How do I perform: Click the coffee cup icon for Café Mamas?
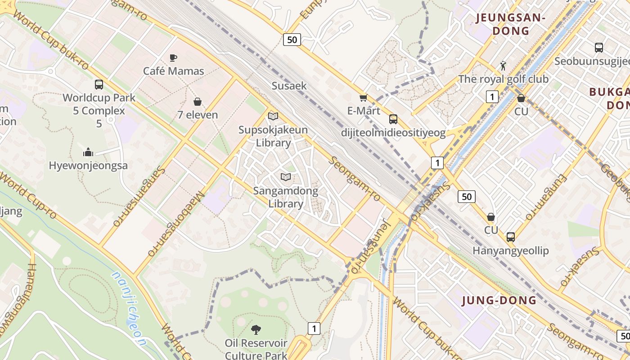[x=173, y=58]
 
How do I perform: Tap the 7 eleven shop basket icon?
[x=197, y=102]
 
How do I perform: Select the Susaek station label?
[x=289, y=85]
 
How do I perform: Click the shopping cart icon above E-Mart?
[x=363, y=98]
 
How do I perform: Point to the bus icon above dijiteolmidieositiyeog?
[x=393, y=119]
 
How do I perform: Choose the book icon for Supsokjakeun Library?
[x=273, y=117]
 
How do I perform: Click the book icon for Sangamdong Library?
[x=286, y=177]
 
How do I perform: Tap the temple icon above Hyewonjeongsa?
[x=88, y=152]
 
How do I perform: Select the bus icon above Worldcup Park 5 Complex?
[x=99, y=84]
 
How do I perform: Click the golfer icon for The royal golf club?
[x=503, y=66]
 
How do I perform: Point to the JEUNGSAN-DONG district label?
[x=511, y=24]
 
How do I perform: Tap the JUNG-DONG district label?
[x=499, y=300]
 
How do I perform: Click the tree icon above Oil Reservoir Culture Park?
[x=256, y=330]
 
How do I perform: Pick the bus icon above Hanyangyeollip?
[x=510, y=237]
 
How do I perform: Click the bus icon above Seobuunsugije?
[x=598, y=48]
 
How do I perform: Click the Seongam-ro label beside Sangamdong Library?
[x=355, y=179]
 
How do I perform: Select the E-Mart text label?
[x=364, y=111]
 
